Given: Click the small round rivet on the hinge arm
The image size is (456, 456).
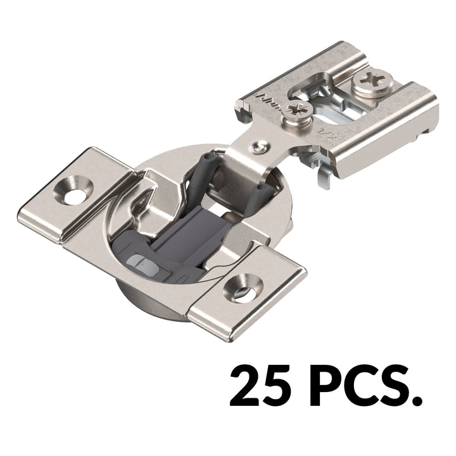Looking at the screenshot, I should point(257,148).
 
